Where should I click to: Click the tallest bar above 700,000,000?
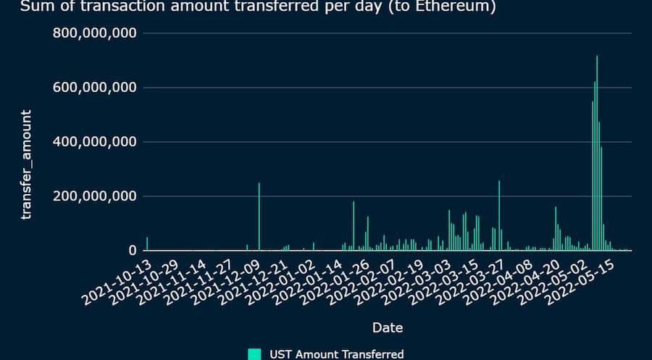[597, 152]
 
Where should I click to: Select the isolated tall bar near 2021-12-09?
[259, 217]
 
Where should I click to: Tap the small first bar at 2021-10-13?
[147, 244]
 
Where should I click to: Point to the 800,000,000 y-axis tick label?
[96, 33]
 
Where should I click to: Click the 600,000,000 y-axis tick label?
[96, 88]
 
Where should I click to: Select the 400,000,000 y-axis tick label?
[96, 142]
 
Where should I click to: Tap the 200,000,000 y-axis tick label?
[96, 196]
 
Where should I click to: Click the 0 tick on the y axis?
[133, 251]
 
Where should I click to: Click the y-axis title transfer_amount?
[27, 165]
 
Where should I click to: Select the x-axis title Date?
[388, 327]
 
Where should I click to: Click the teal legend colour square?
[254, 354]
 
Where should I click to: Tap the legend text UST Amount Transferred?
[336, 354]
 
